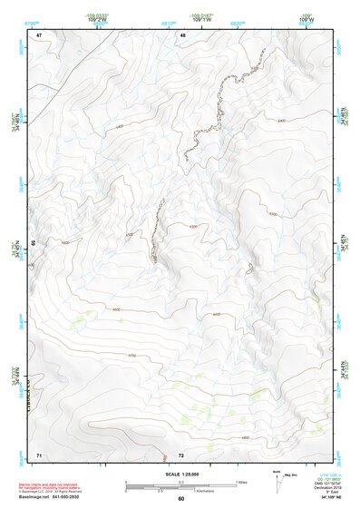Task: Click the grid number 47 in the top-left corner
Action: tap(39, 35)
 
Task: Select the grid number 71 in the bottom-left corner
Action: tap(39, 453)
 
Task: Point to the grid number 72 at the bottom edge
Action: tap(181, 454)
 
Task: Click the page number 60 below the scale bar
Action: tap(181, 498)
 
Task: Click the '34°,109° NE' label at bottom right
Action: tap(324, 497)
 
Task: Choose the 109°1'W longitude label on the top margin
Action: tap(200, 19)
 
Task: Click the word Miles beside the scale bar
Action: tap(242, 482)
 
